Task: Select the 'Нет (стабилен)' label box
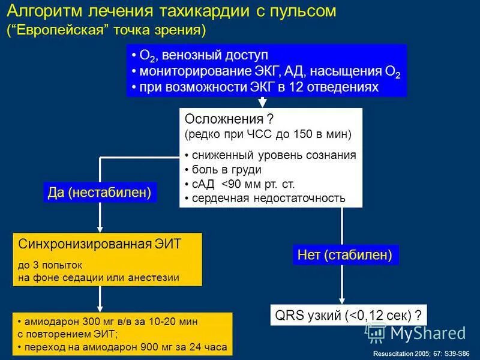pos(345,255)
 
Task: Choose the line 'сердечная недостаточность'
pos(268,198)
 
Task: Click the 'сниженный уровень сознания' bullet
pos(273,155)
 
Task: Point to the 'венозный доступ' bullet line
pos(204,55)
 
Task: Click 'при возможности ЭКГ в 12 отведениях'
pos(258,87)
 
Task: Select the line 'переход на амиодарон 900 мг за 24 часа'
pos(126,347)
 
